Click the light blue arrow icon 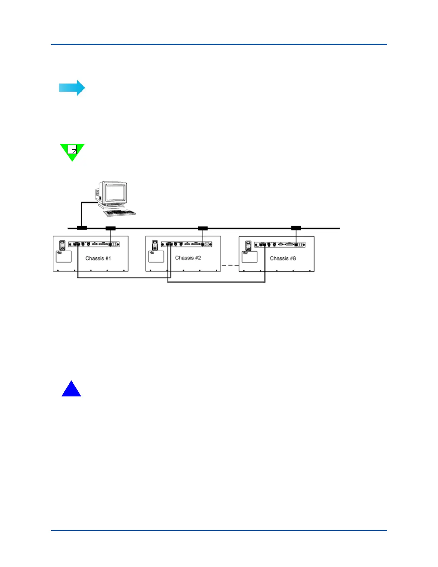point(72,88)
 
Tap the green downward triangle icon point(72,151)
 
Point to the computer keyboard point(120,213)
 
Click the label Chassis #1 point(98,258)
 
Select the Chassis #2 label point(188,258)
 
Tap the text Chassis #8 point(283,258)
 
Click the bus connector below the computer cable point(82,228)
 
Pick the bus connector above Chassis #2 point(203,228)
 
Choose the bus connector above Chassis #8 point(296,228)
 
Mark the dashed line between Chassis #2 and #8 point(230,265)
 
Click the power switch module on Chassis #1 point(62,245)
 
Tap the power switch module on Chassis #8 point(248,245)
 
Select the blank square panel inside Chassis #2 point(156,256)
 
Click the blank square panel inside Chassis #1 point(64,256)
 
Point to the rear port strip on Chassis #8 point(280,244)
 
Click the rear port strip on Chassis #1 point(94,244)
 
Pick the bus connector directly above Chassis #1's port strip point(111,228)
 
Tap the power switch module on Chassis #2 point(155,245)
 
